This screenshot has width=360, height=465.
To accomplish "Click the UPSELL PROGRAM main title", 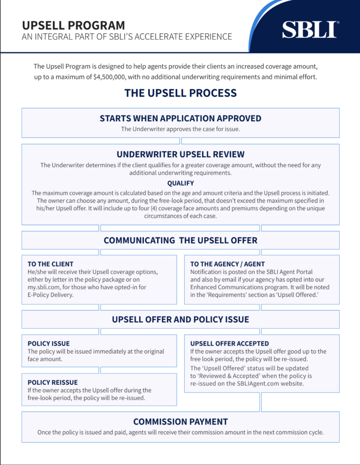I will point(73,25).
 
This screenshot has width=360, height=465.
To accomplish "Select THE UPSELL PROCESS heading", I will point(180,93).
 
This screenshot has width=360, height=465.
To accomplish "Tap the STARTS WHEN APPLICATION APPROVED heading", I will point(180,119).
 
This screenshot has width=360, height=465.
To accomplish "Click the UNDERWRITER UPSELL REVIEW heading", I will point(180,154).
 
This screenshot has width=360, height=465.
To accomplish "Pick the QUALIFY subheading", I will point(180,183).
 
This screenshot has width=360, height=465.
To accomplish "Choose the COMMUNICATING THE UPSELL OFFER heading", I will point(180,241).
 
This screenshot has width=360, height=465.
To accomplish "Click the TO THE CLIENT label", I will point(50,264).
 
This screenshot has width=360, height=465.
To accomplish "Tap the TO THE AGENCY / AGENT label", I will point(227,264).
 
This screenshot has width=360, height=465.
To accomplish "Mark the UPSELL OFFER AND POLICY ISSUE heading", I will point(180,320).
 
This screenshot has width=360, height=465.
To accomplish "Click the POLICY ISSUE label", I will point(49,344).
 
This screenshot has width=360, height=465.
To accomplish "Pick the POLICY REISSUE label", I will point(52,382).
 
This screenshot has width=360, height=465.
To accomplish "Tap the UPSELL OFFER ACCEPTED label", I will point(230,344).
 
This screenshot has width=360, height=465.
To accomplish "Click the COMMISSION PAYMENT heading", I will point(180,421).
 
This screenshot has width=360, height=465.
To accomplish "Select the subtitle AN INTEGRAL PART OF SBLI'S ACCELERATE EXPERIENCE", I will point(127,36).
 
